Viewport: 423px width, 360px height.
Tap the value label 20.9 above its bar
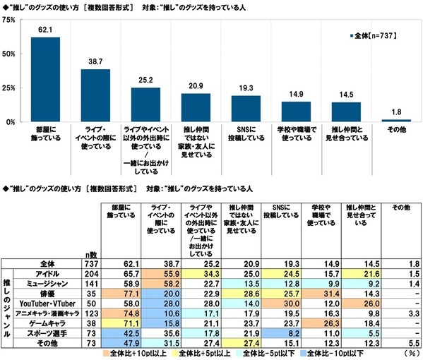coord(196,85)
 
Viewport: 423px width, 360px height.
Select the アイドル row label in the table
coord(47,272)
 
